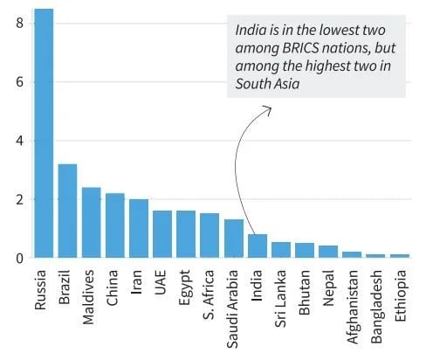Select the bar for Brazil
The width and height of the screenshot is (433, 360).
pos(67,211)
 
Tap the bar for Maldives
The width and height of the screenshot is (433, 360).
pos(92,222)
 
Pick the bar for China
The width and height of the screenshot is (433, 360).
pos(115,225)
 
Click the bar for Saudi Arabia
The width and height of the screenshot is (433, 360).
pos(233,239)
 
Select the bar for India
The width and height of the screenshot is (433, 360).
pos(257,246)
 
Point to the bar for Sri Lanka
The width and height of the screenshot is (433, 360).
pos(280,250)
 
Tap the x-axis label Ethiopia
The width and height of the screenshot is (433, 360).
pos(399,296)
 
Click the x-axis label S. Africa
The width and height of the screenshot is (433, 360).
pos(210,296)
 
